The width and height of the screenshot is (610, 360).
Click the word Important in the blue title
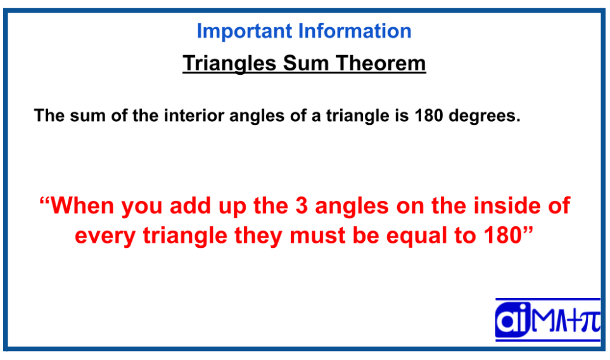pyautogui.click(x=245, y=32)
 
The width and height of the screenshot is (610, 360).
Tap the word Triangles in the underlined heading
pyautogui.click(x=229, y=64)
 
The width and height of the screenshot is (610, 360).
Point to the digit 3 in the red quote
pyautogui.click(x=302, y=205)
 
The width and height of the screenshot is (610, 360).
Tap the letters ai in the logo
pyautogui.click(x=512, y=320)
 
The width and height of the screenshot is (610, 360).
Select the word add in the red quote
pyautogui.click(x=190, y=205)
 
